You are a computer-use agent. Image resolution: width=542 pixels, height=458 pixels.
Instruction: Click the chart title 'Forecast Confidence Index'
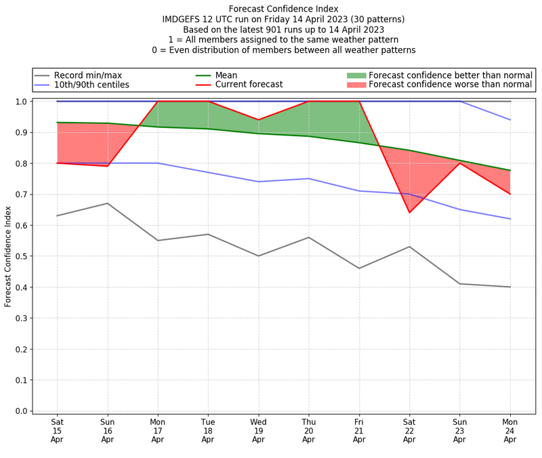(283, 9)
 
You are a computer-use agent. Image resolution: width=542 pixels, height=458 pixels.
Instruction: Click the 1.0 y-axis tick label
(22, 102)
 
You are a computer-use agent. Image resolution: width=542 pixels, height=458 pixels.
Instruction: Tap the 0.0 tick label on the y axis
(22, 411)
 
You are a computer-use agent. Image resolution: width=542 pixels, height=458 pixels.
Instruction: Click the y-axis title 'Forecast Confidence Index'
(9, 256)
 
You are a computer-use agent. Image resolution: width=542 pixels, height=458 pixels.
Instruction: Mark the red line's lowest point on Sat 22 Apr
(409, 213)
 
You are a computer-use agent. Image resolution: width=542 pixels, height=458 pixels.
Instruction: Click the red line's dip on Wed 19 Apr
(258, 120)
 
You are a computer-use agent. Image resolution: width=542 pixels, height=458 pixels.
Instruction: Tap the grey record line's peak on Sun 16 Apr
(107, 203)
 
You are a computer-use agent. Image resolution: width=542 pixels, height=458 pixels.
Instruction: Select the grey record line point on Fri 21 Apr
(359, 268)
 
